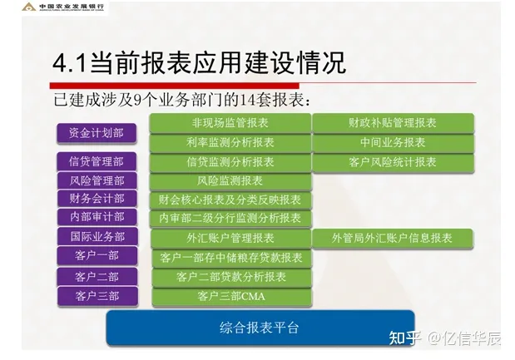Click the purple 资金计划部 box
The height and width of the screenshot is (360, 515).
[97, 133]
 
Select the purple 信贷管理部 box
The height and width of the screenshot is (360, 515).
[97, 161]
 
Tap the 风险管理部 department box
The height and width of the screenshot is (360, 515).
[97, 180]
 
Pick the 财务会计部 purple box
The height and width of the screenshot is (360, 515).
[97, 199]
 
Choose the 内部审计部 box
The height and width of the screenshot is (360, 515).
[97, 217]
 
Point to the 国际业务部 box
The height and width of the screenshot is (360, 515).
[97, 236]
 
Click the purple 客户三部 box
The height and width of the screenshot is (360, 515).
[97, 296]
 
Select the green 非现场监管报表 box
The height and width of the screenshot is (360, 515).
[230, 123]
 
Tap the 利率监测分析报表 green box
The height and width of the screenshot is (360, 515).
[230, 143]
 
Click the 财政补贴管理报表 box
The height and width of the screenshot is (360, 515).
[393, 123]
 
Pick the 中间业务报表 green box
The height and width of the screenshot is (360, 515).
[393, 143]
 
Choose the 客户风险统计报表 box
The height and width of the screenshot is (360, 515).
[393, 162]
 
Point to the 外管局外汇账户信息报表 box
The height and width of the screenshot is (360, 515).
[392, 239]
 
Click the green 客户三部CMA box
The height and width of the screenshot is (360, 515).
[231, 297]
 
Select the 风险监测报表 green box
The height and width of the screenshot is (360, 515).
[230, 181]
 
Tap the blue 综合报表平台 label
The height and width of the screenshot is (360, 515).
[260, 328]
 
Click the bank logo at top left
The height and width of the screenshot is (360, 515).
[29, 7]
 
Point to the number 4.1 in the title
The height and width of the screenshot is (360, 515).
[70, 63]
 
